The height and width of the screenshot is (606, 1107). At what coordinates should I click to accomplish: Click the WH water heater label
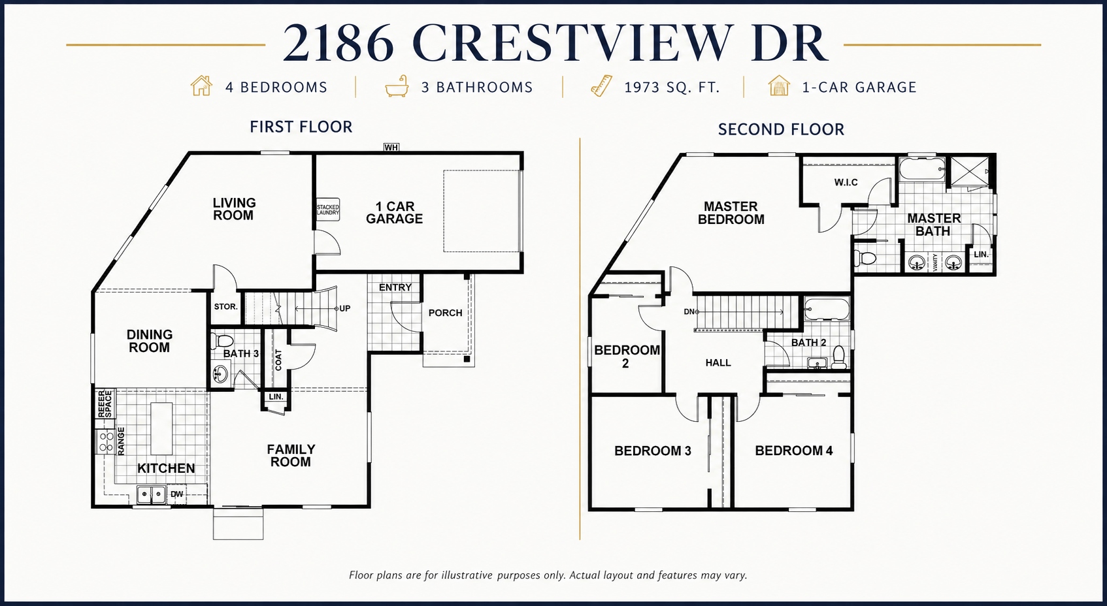[x=391, y=147]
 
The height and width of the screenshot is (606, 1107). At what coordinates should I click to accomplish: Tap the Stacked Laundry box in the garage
[x=327, y=210]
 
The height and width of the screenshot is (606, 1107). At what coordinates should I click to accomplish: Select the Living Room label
[x=234, y=209]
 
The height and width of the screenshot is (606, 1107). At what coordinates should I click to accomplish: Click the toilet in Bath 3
[x=222, y=340]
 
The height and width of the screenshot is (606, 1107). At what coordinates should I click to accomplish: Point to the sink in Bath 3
[x=220, y=374]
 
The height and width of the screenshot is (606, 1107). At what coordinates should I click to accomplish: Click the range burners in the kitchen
[x=105, y=441]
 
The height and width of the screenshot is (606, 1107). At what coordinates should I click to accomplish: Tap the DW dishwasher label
[x=176, y=494]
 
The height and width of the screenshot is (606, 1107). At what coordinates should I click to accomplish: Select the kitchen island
[x=161, y=428]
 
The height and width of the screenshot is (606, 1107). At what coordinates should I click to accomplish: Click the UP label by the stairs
[x=344, y=309]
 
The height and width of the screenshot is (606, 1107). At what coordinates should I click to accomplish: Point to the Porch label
[x=445, y=313]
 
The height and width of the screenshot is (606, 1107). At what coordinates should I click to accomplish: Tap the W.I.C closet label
[x=846, y=182]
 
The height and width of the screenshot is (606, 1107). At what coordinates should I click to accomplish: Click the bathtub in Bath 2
[x=827, y=310]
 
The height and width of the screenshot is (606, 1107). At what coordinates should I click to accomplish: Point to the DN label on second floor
[x=689, y=311]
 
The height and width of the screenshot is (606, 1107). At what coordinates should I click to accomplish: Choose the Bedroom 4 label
[x=794, y=451]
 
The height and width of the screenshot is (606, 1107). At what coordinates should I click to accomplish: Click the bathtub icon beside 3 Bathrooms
[x=397, y=86]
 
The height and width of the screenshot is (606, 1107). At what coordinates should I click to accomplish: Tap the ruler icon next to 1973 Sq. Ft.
[x=601, y=86]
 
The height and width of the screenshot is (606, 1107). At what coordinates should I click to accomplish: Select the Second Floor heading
[x=781, y=129]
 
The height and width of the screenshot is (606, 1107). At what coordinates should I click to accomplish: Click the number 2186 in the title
[x=338, y=43]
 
